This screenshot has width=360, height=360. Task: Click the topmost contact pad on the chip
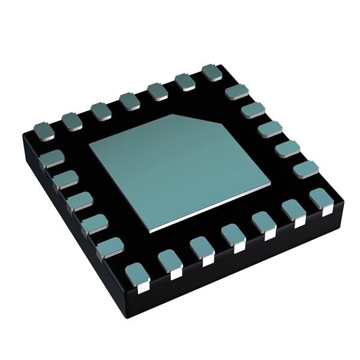pyautogui.click(x=212, y=73)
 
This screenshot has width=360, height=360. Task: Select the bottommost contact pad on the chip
pyautogui.click(x=137, y=276)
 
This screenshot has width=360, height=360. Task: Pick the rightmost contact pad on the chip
pyautogui.click(x=322, y=199)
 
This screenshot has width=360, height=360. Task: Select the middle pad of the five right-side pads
pyautogui.click(x=269, y=129)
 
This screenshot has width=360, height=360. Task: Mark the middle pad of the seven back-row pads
pyautogui.click(x=128, y=101)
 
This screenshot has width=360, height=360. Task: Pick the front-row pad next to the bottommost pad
pyautogui.click(x=170, y=262)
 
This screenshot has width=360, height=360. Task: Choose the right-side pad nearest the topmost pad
pyautogui.click(x=236, y=92)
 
